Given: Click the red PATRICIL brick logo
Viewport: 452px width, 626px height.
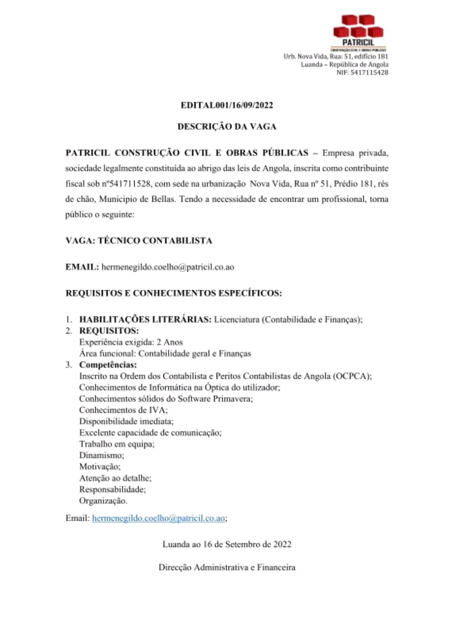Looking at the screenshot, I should pyautogui.click(x=358, y=27).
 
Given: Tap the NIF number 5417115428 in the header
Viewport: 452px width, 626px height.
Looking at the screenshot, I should pyautogui.click(x=369, y=72).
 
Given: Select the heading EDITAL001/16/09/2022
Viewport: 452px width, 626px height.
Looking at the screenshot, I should pyautogui.click(x=227, y=105).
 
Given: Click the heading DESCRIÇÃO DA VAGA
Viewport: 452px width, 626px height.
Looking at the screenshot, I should pyautogui.click(x=227, y=126).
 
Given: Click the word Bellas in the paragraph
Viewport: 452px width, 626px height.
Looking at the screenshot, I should pyautogui.click(x=162, y=199).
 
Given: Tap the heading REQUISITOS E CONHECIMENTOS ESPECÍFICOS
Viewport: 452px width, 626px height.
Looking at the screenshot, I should pyautogui.click(x=174, y=293).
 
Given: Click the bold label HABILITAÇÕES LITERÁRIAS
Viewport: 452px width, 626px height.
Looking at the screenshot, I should pyautogui.click(x=145, y=319).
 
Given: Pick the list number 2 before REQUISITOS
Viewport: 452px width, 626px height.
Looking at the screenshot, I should pyautogui.click(x=68, y=331).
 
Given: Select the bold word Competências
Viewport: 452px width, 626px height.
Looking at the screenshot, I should pyautogui.click(x=108, y=365).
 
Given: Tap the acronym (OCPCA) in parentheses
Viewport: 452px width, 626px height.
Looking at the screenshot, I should pyautogui.click(x=352, y=376).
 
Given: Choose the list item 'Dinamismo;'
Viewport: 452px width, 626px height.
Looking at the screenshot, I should pyautogui.click(x=102, y=455).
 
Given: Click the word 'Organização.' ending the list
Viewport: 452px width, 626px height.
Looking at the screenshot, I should pyautogui.click(x=103, y=501).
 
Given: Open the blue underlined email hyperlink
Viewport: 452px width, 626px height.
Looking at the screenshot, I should pyautogui.click(x=159, y=518).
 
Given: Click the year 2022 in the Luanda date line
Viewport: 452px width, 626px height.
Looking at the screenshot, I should pyautogui.click(x=282, y=544).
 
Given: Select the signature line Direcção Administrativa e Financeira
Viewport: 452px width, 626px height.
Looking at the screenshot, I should pyautogui.click(x=227, y=567).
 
